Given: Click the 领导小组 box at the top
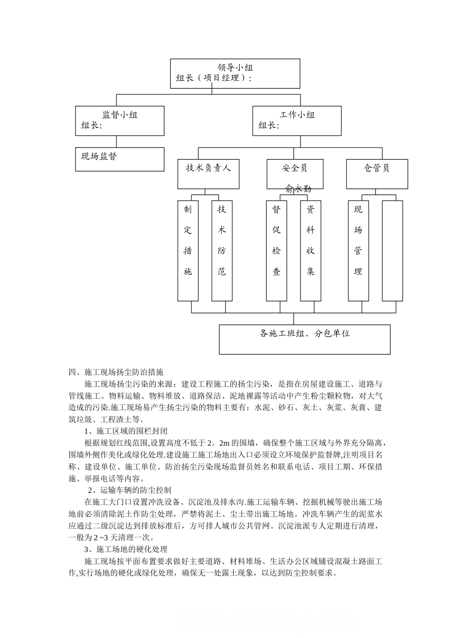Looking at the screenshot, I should [x=235, y=74].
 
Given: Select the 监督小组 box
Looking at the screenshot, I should [x=120, y=121].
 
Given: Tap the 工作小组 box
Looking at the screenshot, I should [x=297, y=121].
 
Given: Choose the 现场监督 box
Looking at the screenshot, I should [x=120, y=159].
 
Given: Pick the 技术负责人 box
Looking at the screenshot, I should [x=208, y=174].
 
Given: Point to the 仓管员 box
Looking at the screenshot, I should [x=376, y=174].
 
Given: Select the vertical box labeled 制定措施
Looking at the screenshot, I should [x=188, y=251].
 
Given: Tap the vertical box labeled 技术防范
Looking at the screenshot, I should [x=222, y=251].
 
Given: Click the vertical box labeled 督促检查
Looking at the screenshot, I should [x=276, y=251].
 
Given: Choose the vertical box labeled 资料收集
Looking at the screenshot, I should [x=310, y=251].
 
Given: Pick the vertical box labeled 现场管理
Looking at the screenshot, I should [x=358, y=251].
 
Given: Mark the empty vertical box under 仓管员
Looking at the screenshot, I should [x=392, y=251].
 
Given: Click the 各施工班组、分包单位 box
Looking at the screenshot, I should [x=305, y=339].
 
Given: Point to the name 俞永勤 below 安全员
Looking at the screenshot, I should [x=298, y=189].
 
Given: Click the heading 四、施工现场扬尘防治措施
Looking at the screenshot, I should [x=116, y=372].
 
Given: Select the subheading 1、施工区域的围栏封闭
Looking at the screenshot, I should [x=126, y=431].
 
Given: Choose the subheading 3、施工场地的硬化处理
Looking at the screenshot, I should [x=126, y=549].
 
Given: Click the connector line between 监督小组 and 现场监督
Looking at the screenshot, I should [x=117, y=141].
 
